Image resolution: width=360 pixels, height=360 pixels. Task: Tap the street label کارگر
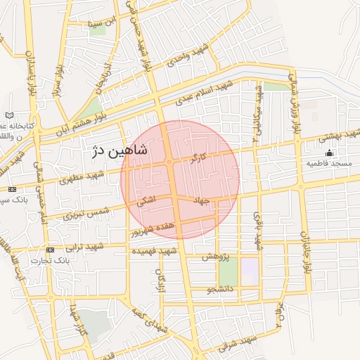(x=199, y=156)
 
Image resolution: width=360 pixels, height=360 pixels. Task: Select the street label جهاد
(x=202, y=201)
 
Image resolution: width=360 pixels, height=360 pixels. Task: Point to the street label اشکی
(x=146, y=201)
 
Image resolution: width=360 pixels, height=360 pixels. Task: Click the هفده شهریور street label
(x=155, y=227)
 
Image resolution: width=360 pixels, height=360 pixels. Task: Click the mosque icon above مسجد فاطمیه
(x=330, y=153)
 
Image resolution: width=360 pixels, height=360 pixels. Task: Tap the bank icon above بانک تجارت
(x=50, y=250)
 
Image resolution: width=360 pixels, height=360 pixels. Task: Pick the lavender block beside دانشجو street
(x=250, y=268)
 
